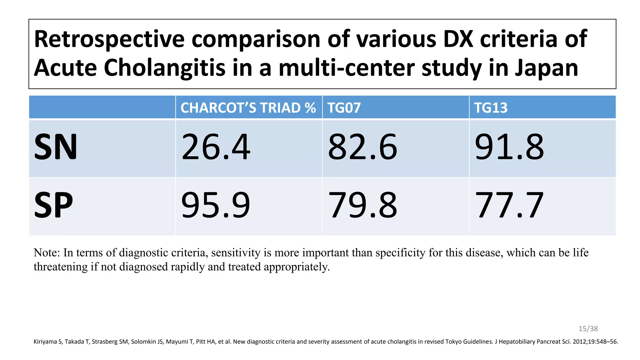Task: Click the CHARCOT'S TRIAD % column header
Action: [x=248, y=108]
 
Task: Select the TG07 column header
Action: [x=344, y=108]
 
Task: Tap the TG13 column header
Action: [x=491, y=108]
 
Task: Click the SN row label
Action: [x=56, y=147]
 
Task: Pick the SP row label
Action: [x=53, y=205]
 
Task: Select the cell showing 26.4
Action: [x=216, y=147]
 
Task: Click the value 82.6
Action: [x=362, y=147]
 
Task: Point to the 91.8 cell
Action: [x=509, y=147]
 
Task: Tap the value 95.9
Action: [x=216, y=205]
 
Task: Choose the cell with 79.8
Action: [x=362, y=205]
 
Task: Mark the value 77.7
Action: [x=509, y=205]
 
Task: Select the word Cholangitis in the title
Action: [x=164, y=68]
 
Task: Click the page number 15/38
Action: [x=588, y=328]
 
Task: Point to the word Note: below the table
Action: [x=47, y=252]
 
